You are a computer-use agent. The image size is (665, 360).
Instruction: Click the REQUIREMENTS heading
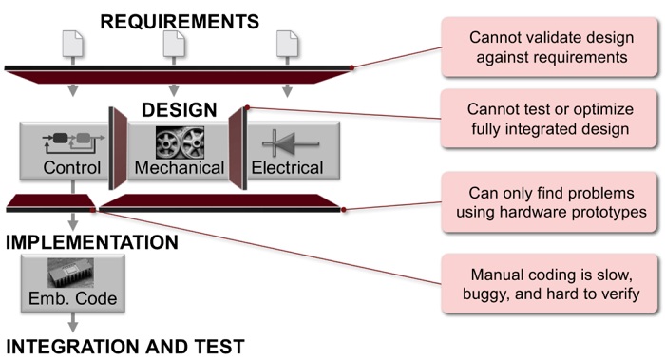[180, 22]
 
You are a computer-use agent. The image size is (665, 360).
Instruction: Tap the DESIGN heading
[179, 110]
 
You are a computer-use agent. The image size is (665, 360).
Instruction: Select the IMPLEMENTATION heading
[92, 242]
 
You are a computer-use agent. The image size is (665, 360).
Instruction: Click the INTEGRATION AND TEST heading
[125, 347]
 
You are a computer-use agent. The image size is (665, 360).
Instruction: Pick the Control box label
[71, 167]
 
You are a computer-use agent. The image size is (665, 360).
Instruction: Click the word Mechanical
[180, 167]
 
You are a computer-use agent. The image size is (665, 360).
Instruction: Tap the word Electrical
[287, 167]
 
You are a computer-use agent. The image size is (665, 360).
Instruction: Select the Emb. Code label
[72, 298]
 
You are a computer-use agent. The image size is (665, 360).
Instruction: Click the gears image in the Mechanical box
[180, 142]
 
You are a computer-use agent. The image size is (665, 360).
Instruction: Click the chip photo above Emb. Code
[71, 273]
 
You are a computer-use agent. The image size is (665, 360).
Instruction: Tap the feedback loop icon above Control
[73, 142]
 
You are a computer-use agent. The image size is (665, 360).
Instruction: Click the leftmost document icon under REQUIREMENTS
[72, 43]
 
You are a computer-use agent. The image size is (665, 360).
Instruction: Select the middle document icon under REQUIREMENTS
[174, 43]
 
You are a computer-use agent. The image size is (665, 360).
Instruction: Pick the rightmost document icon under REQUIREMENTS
[287, 43]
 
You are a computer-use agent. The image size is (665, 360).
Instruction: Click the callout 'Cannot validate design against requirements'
[550, 47]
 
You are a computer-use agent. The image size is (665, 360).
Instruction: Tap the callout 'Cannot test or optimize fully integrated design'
[550, 119]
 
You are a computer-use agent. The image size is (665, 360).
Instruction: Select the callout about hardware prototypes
[550, 202]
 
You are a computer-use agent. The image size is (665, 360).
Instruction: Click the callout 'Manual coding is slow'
[550, 284]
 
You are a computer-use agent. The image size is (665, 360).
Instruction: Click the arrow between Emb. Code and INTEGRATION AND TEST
[73, 322]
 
